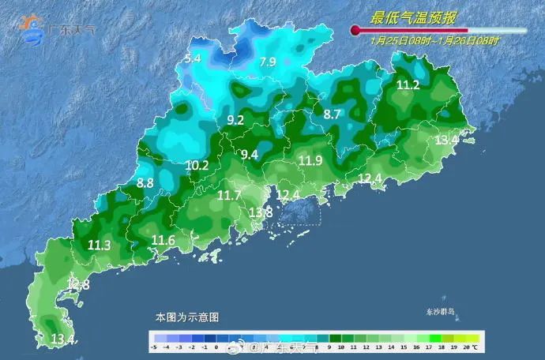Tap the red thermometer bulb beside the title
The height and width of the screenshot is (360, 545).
pos(355,31)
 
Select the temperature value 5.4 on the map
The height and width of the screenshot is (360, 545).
pos(192,58)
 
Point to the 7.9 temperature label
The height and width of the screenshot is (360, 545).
pos(268,62)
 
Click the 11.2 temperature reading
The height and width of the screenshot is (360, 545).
pos(408,85)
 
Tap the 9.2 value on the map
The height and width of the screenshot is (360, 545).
pos(235,120)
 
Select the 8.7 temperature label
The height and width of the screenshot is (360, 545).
pos(333,114)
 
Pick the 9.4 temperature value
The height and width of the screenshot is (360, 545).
pos(250,155)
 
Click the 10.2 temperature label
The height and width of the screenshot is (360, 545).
pos(197,166)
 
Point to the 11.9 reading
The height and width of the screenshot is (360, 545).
pos(310,161)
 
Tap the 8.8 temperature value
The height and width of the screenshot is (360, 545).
pos(145,183)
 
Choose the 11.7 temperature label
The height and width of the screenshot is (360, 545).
pos(229,195)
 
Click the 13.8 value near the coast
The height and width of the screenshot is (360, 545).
pos(261,212)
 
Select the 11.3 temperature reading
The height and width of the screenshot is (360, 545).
pos(99,246)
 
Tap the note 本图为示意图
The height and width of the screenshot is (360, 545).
pos(186,317)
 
